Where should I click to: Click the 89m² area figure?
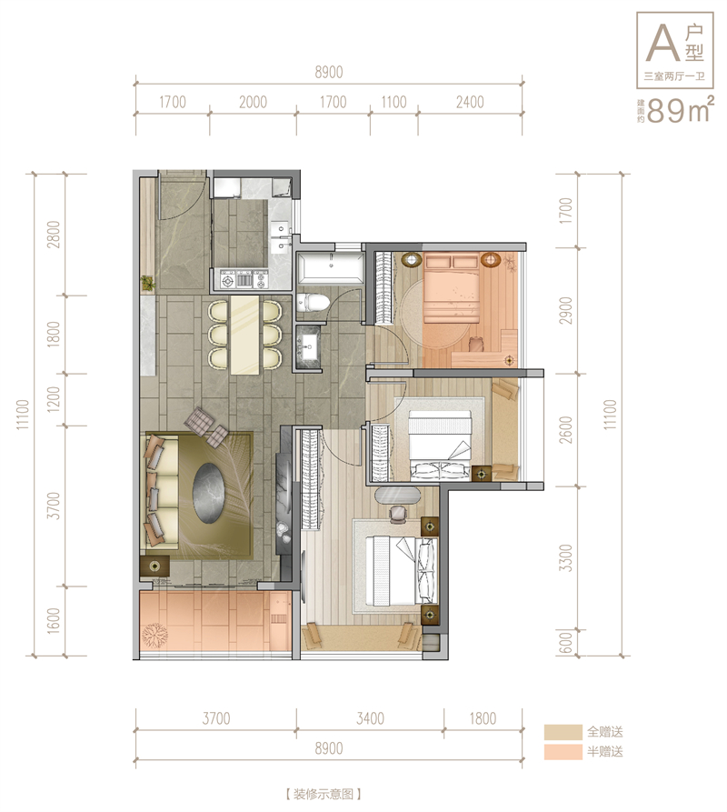(681, 109)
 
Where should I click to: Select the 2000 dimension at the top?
(253, 102)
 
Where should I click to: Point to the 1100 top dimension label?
(393, 102)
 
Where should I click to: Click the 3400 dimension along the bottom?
(370, 718)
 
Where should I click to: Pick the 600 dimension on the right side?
(566, 643)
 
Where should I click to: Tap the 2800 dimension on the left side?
(54, 234)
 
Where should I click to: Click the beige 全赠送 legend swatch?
(563, 732)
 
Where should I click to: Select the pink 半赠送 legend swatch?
(563, 752)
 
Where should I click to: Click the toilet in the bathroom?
(313, 303)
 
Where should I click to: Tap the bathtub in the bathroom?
(330, 266)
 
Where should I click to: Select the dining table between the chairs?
(244, 335)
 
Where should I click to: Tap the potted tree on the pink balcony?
(154, 635)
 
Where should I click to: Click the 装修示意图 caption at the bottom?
(323, 794)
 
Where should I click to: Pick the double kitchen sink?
(281, 236)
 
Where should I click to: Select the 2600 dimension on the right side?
(566, 430)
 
